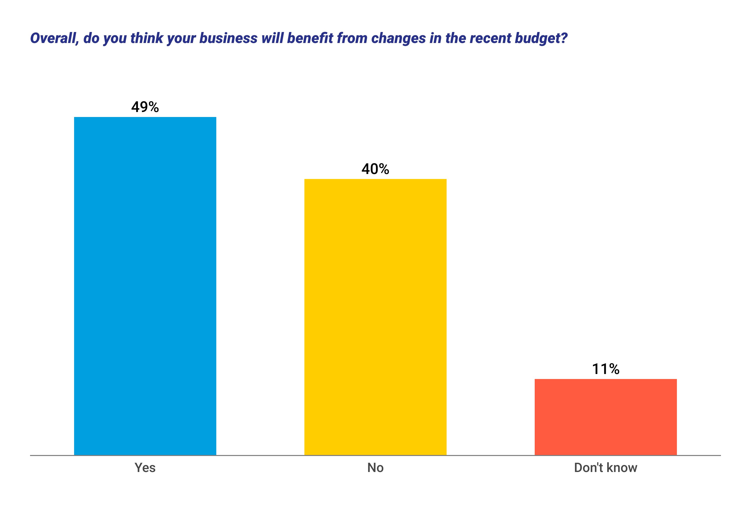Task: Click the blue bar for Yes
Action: click(x=145, y=286)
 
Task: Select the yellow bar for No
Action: click(x=375, y=317)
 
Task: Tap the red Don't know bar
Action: click(x=606, y=417)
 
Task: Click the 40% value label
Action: click(x=375, y=169)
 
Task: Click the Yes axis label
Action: click(x=145, y=468)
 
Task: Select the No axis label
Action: click(x=375, y=468)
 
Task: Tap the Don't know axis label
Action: click(x=606, y=468)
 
